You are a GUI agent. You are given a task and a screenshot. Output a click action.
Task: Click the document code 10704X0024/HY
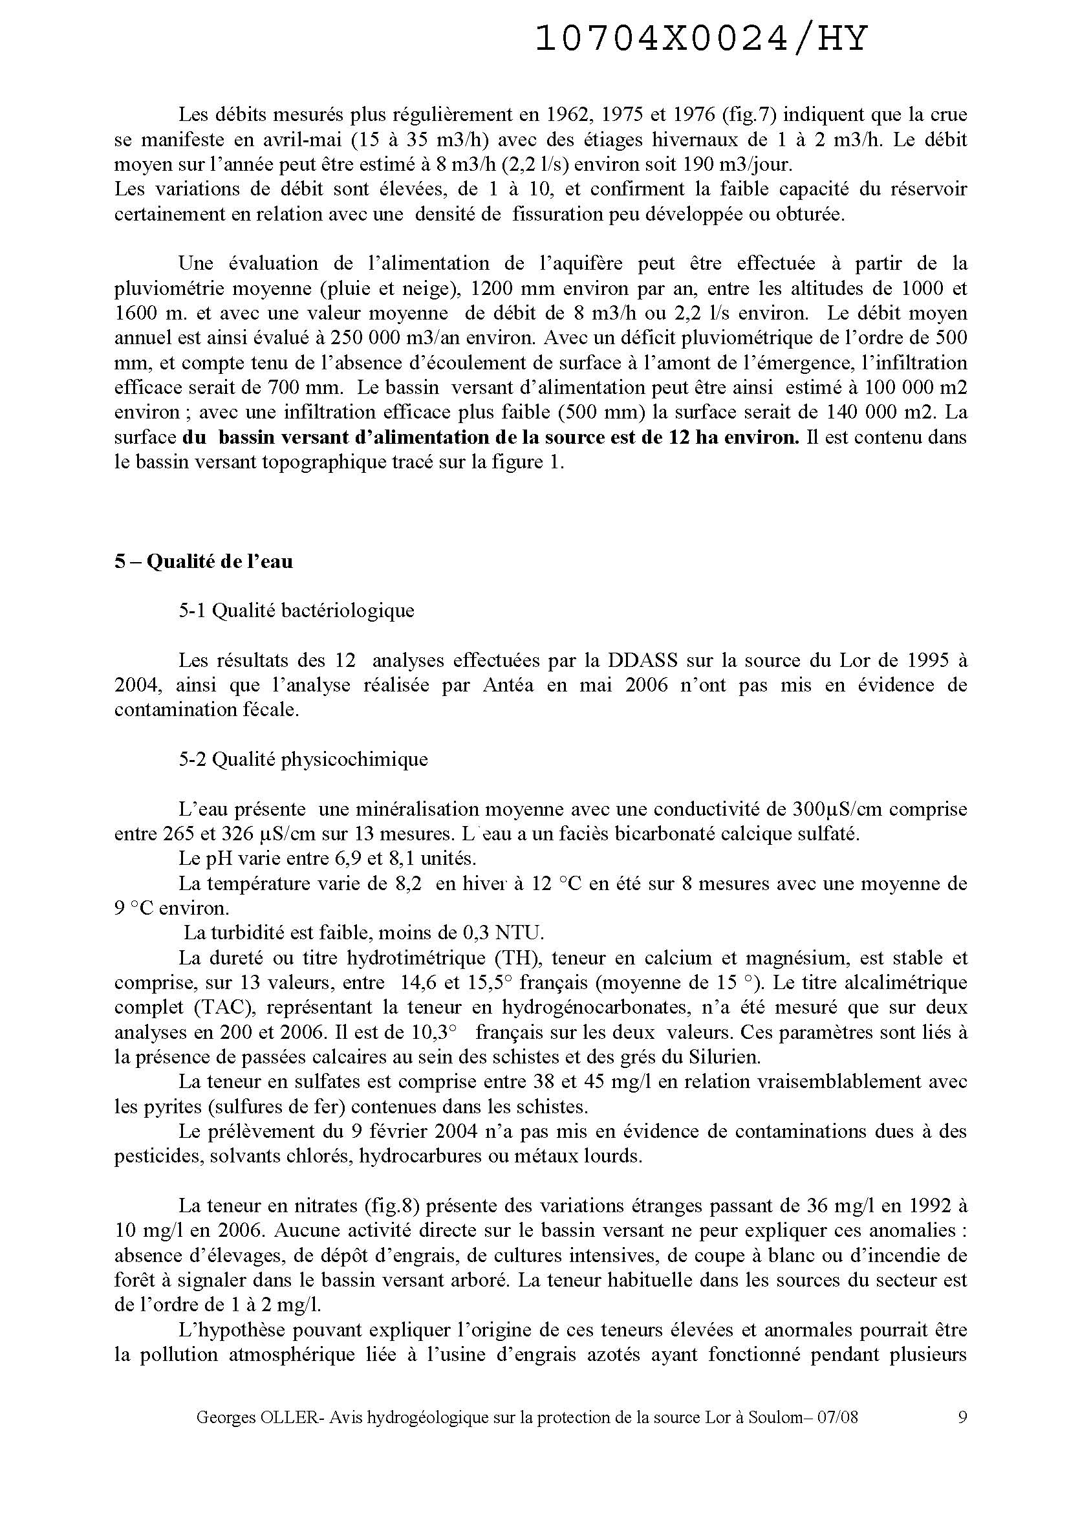click(702, 39)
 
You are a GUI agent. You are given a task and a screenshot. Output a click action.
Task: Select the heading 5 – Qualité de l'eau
click(204, 561)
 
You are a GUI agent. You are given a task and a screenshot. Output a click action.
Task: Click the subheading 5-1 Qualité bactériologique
click(296, 611)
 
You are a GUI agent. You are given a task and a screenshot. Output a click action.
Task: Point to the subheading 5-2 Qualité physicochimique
click(303, 759)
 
